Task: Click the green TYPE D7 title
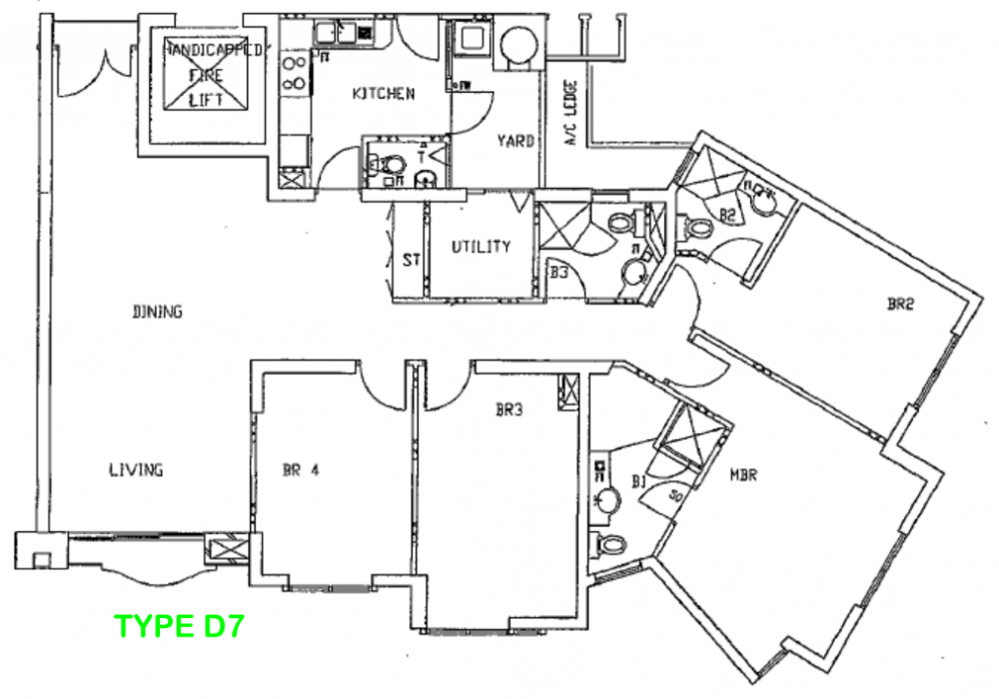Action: pos(180,627)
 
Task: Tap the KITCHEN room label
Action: pos(383,94)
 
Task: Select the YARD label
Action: pos(515,141)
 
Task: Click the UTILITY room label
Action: pos(481,247)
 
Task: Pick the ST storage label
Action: pos(411,261)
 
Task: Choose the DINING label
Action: pos(157,312)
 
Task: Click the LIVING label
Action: pos(136,469)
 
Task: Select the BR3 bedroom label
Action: pos(510,408)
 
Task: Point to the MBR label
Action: pos(741,475)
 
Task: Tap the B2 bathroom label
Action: pos(727,213)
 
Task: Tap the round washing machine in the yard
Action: pos(517,45)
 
